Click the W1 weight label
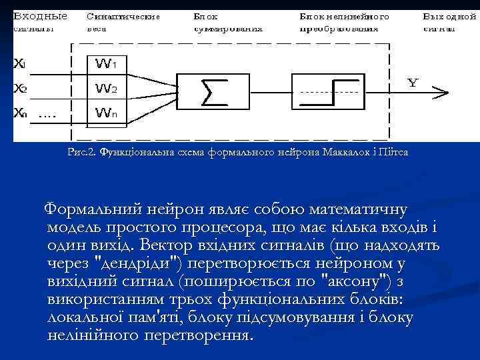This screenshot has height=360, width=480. (106, 65)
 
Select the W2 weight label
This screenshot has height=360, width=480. (106, 88)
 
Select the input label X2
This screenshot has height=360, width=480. (21, 88)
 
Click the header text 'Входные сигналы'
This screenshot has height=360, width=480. (40, 21)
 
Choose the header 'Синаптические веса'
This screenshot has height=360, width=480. (123, 21)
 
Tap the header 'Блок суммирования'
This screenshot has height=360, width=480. (227, 21)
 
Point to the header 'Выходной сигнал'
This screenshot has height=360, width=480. (449, 21)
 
